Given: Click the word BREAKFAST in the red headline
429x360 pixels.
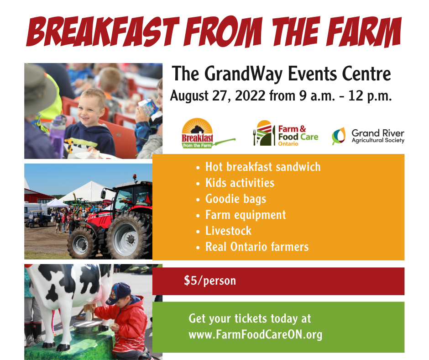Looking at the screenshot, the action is pyautogui.click(x=103, y=31).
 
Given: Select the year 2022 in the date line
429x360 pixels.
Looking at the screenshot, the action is pyautogui.click(x=250, y=95).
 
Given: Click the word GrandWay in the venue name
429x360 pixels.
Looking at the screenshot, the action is pyautogui.click(x=243, y=74).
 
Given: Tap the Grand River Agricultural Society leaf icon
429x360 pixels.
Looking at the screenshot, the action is pyautogui.click(x=339, y=136).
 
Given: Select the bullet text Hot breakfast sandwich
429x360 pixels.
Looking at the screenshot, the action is pyautogui.click(x=263, y=167).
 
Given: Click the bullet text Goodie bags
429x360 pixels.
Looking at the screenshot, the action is pyautogui.click(x=235, y=199).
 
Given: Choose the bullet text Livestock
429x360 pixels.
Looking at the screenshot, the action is pyautogui.click(x=228, y=231).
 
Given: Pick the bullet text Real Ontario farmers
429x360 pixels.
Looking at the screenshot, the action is pyautogui.click(x=257, y=247).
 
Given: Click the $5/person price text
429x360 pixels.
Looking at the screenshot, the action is pyautogui.click(x=210, y=281).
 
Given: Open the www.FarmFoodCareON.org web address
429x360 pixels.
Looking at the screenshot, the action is pyautogui.click(x=255, y=334).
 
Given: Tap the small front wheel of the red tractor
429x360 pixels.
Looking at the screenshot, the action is pyautogui.click(x=80, y=244).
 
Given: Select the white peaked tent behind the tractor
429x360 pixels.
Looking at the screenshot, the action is pyautogui.click(x=87, y=191).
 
